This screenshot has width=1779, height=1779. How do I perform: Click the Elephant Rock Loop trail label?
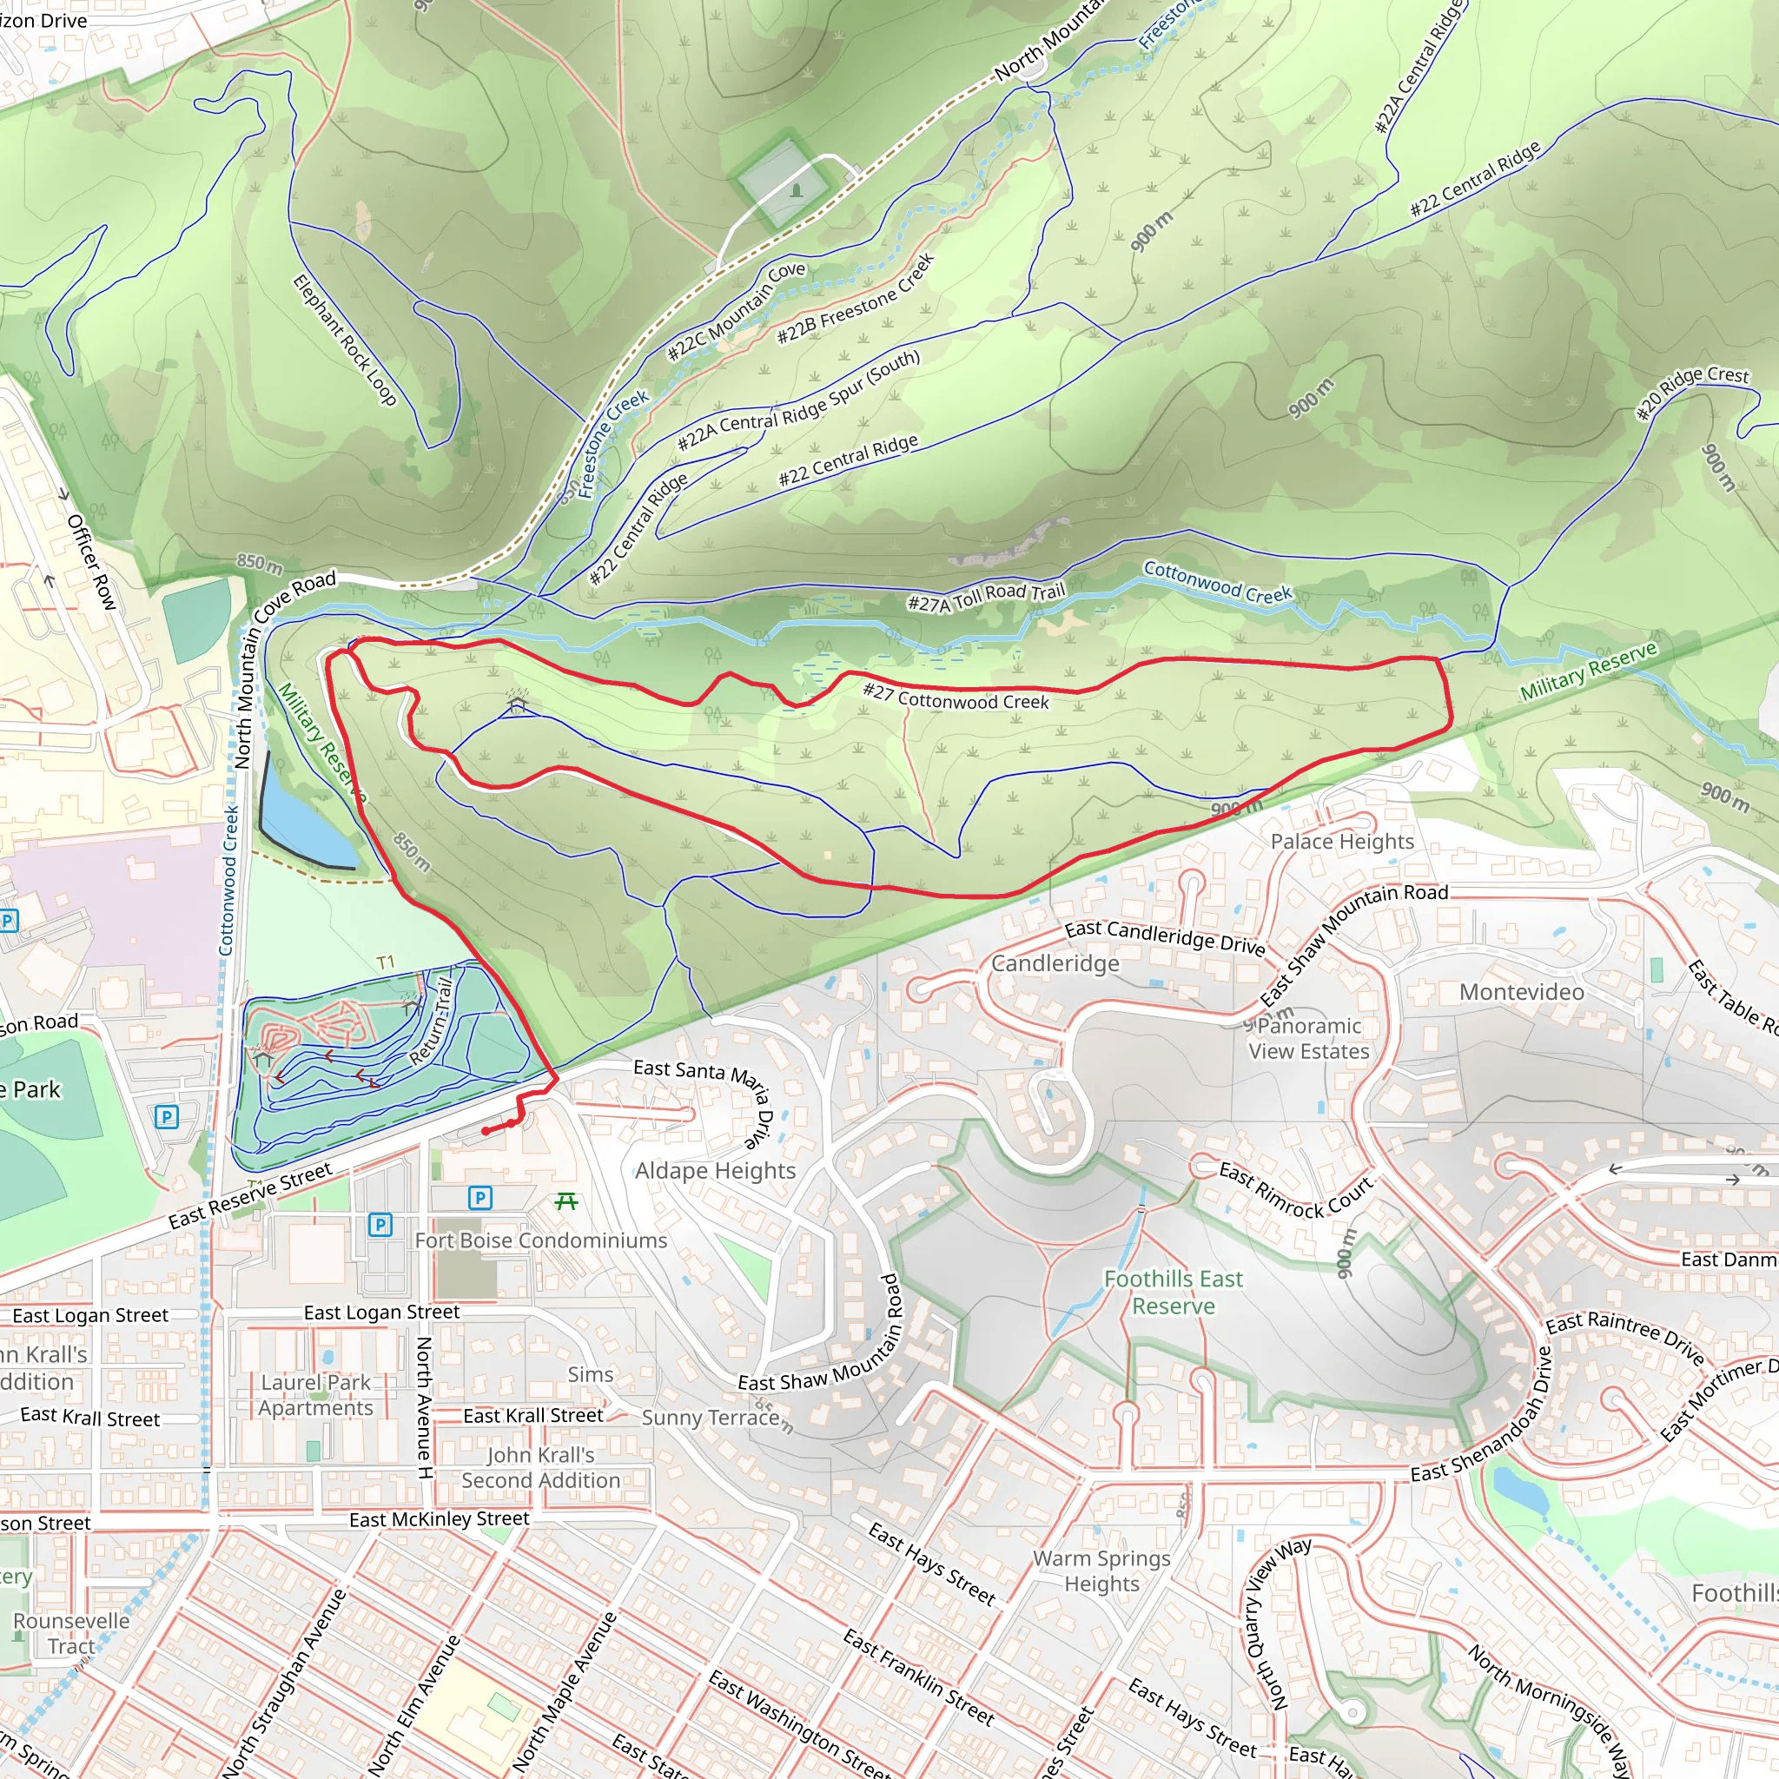(344, 340)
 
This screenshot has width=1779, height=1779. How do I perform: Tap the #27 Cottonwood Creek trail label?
(955, 697)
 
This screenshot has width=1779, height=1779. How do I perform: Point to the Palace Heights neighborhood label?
(1341, 841)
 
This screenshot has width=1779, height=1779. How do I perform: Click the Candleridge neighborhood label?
(1055, 963)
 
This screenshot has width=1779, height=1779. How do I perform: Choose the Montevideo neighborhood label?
(1521, 992)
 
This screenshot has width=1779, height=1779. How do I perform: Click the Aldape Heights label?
(715, 1170)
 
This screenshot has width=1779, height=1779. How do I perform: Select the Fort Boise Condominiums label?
(540, 1240)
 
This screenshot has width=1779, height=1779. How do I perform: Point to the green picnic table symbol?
(566, 1200)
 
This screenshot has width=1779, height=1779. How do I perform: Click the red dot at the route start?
(486, 1131)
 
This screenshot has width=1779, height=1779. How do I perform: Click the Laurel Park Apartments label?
(316, 1395)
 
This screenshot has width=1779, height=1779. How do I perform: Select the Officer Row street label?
(92, 562)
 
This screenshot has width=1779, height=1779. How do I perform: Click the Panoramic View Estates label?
(1308, 1038)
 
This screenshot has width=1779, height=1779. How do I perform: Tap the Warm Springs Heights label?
(1101, 1571)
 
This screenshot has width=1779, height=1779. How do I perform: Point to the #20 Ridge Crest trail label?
(1691, 392)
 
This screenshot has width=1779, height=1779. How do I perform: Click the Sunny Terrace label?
(710, 1417)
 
